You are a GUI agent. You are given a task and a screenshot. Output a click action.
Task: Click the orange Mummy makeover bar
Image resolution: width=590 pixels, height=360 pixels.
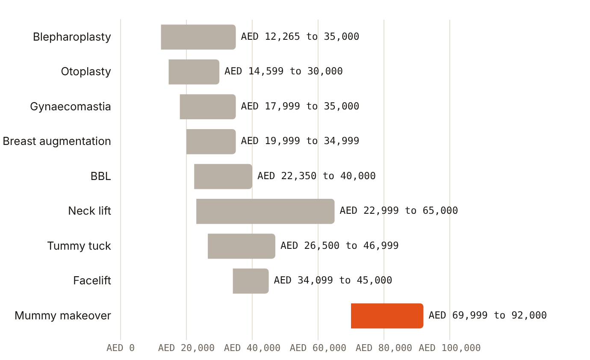pyautogui.click(x=387, y=316)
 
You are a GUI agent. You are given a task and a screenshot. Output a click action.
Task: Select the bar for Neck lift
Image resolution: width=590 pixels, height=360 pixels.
pyautogui.click(x=265, y=211)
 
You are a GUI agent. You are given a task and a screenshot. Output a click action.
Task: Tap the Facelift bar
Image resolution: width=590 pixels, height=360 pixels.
pyautogui.click(x=251, y=281)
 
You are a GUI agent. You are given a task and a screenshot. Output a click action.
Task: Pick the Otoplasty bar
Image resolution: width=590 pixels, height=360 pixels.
pyautogui.click(x=194, y=72)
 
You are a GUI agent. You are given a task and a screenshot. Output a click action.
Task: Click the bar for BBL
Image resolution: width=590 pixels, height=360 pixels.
pyautogui.click(x=223, y=177)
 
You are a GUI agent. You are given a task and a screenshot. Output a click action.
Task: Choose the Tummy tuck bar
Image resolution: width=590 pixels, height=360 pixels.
pyautogui.click(x=241, y=246)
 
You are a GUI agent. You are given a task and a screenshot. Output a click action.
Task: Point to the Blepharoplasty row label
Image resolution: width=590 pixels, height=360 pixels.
pyautogui.click(x=72, y=37)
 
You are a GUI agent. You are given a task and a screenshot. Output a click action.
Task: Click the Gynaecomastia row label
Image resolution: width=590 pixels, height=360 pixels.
pyautogui.click(x=70, y=106)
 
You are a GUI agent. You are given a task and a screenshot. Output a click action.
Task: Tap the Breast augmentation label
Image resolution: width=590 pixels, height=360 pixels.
pyautogui.click(x=57, y=142)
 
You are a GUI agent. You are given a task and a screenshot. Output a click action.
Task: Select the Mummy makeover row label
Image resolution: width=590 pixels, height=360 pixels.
pyautogui.click(x=63, y=316)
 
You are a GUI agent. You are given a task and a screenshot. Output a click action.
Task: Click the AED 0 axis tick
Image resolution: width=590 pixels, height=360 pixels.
pyautogui.click(x=121, y=348)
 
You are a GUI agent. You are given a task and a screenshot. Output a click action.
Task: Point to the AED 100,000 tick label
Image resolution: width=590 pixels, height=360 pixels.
pyautogui.click(x=450, y=348)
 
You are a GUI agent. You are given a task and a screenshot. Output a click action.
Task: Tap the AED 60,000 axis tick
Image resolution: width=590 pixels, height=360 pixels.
pyautogui.click(x=318, y=348)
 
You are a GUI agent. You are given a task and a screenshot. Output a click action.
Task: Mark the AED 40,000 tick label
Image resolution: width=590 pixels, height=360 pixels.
pyautogui.click(x=252, y=348)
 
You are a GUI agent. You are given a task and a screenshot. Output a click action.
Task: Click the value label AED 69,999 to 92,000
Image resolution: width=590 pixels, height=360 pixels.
pyautogui.click(x=487, y=315)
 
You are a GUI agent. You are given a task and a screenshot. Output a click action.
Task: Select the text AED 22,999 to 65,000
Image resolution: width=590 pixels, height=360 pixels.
pyautogui.click(x=399, y=211)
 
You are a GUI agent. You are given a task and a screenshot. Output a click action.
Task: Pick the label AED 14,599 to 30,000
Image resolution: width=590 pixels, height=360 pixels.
pyautogui.click(x=283, y=71)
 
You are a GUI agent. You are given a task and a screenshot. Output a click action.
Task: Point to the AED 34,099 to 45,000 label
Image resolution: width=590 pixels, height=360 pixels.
pyautogui.click(x=333, y=280)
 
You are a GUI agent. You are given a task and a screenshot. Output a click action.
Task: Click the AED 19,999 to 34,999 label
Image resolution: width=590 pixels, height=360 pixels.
pyautogui.click(x=300, y=141)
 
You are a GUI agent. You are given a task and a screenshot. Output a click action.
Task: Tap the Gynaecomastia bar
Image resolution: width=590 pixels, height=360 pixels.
pyautogui.click(x=208, y=106)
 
